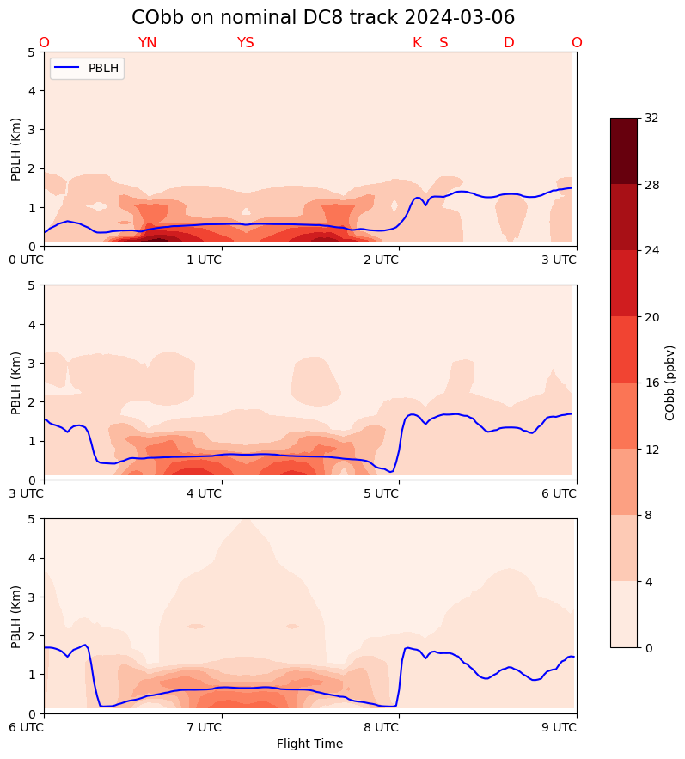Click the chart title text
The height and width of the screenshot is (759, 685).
pyautogui.click(x=323, y=18)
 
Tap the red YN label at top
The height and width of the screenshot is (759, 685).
pyautogui.click(x=147, y=43)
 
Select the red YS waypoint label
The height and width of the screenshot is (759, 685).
pyautogui.click(x=245, y=43)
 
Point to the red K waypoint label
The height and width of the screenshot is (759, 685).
pyautogui.click(x=417, y=43)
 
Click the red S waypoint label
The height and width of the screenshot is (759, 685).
pyautogui.click(x=443, y=43)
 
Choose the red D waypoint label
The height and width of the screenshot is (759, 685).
pyautogui.click(x=509, y=43)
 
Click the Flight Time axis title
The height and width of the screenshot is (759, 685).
pyautogui.click(x=309, y=744)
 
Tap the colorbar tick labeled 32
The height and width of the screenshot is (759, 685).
pyautogui.click(x=651, y=118)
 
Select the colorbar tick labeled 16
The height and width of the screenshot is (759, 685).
pyautogui.click(x=651, y=383)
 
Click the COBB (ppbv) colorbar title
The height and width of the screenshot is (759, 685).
pyautogui.click(x=670, y=383)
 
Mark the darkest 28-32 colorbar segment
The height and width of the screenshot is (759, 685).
pyautogui.click(x=624, y=150)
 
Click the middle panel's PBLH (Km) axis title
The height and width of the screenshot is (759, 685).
pyautogui.click(x=16, y=383)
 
